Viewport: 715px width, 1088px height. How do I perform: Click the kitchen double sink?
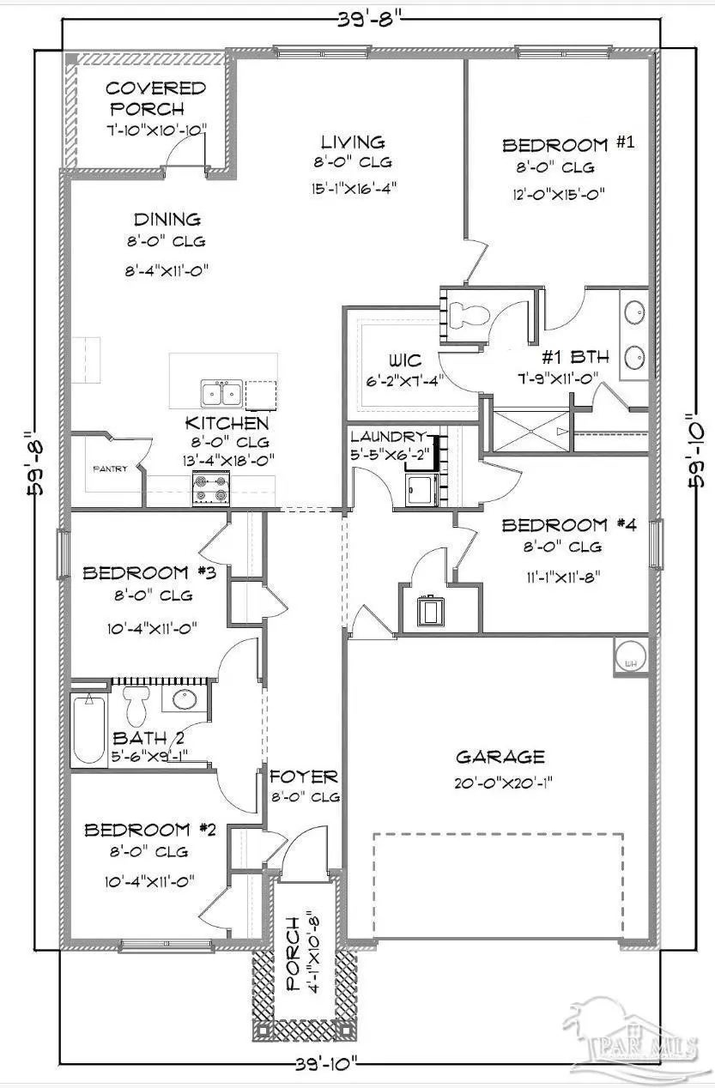click(x=222, y=394)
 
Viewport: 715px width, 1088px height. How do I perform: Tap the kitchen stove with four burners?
click(x=211, y=488)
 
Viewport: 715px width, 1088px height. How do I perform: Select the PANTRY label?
click(x=110, y=468)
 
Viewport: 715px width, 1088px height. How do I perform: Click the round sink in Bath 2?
click(x=184, y=699)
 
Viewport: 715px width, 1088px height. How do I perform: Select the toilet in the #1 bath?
click(x=468, y=314)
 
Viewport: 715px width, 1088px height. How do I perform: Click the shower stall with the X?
click(x=531, y=432)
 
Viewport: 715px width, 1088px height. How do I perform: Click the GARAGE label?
click(x=500, y=757)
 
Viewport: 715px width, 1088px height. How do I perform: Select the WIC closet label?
click(x=405, y=360)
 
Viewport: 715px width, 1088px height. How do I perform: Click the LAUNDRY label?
click(x=388, y=437)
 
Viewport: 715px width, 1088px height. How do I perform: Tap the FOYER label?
click(x=304, y=777)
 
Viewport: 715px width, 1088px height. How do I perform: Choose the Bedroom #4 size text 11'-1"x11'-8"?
click(x=563, y=577)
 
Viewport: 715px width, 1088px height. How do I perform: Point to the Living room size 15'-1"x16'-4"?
click(x=354, y=188)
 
